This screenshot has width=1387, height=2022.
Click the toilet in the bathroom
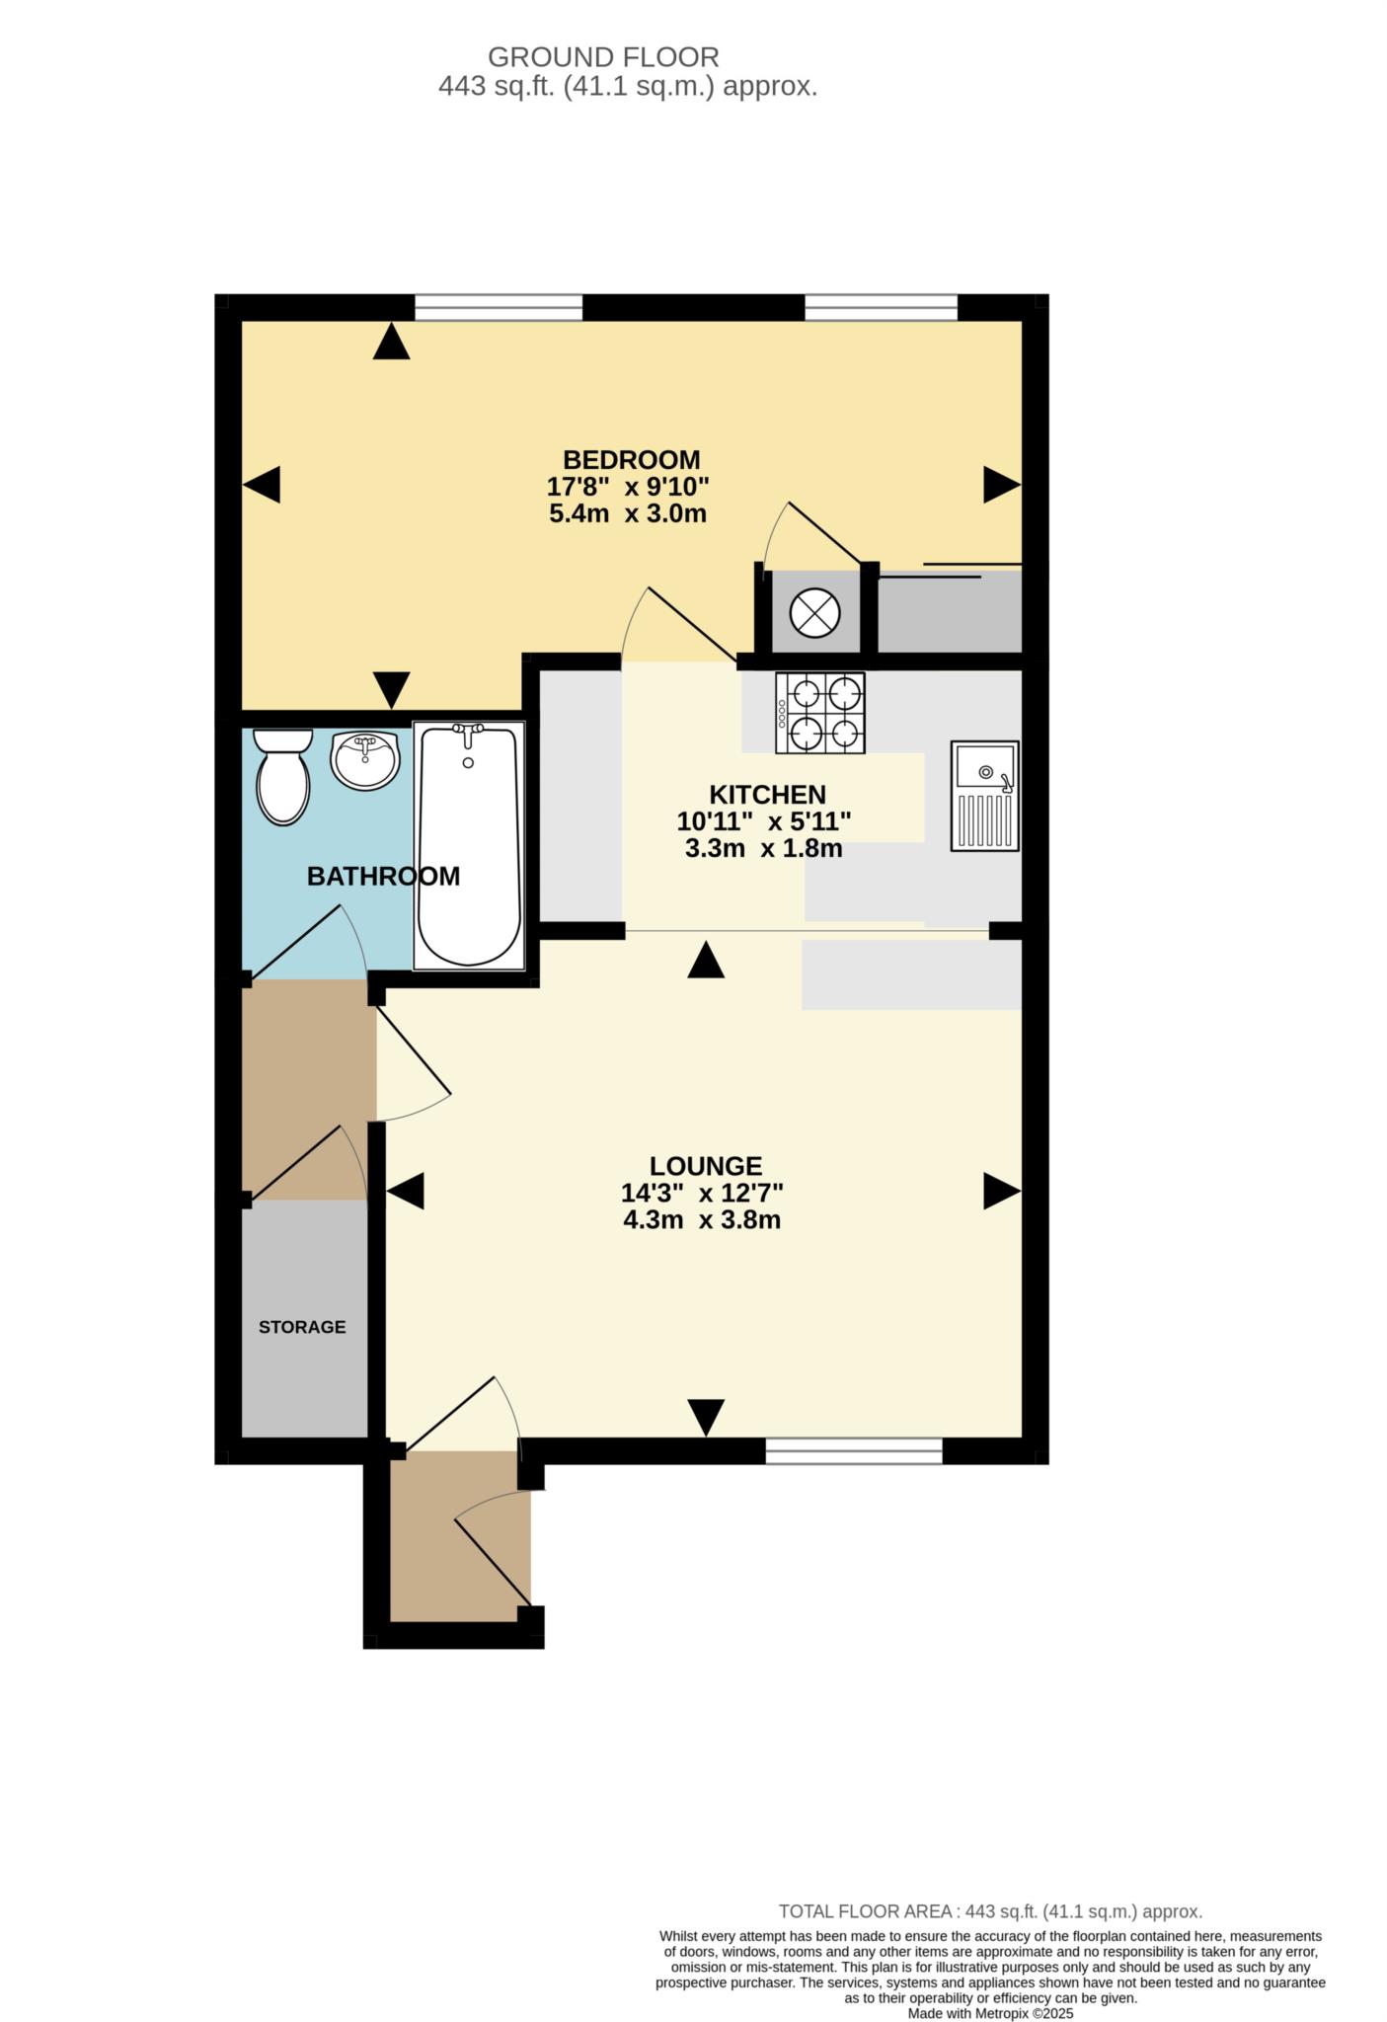point(282,777)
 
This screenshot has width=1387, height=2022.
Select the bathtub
point(469,844)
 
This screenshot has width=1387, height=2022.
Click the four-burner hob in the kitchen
point(820,713)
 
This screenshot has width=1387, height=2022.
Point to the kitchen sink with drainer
point(984,796)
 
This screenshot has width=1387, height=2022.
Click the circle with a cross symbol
point(814,613)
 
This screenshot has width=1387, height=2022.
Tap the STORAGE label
point(302,1327)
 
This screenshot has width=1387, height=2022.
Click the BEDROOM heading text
point(631,460)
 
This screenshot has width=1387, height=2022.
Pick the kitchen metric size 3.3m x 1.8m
point(763,848)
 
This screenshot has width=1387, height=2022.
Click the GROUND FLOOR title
point(603,57)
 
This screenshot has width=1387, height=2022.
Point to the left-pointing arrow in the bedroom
point(262,485)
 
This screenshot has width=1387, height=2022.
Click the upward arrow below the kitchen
point(706,961)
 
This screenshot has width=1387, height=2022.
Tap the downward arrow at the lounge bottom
point(706,1417)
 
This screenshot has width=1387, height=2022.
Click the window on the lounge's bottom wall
point(854,1450)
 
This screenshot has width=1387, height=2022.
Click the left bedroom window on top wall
point(498,308)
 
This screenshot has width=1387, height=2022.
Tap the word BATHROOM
point(383,876)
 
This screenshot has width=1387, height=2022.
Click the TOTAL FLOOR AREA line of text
point(990,1911)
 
